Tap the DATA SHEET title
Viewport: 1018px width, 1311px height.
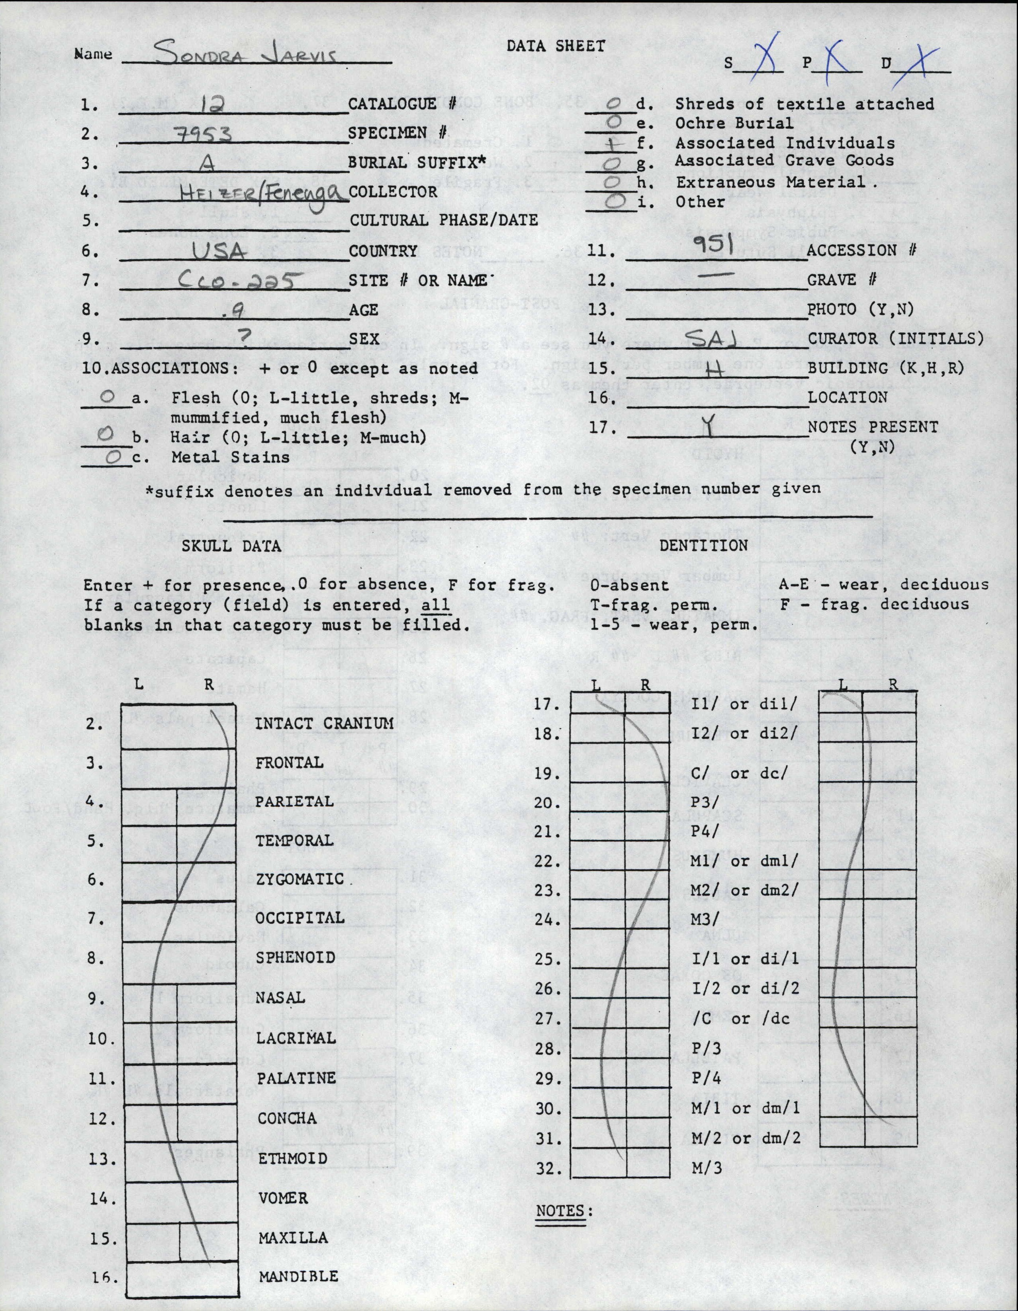click(x=556, y=45)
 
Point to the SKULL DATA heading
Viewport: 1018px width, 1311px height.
click(x=231, y=546)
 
